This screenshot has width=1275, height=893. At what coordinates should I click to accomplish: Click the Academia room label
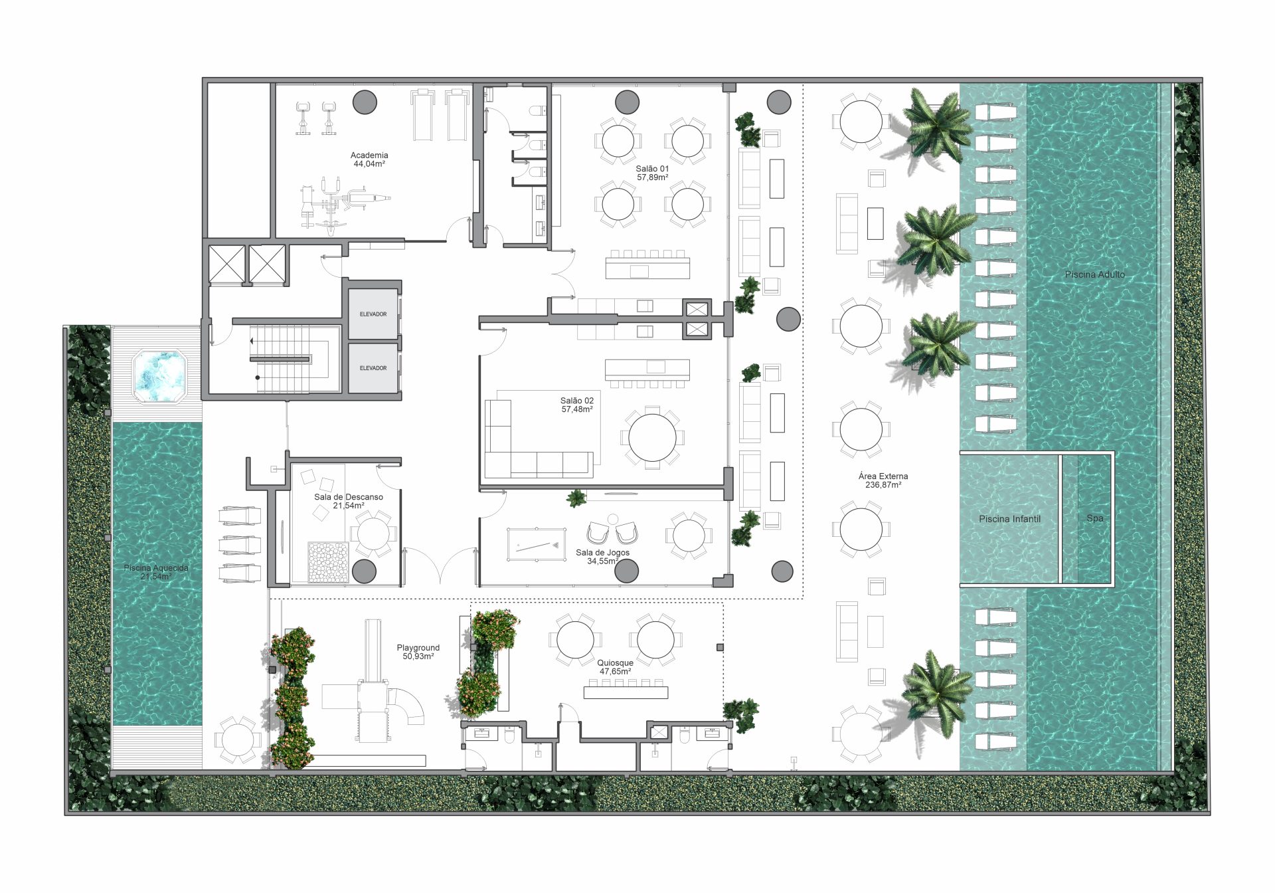369,159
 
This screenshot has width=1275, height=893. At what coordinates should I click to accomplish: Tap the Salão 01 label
652,173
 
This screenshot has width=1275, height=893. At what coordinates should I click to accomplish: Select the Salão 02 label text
577,405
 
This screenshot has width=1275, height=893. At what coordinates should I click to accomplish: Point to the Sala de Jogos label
602,557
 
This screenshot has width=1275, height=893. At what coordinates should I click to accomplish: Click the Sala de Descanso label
349,501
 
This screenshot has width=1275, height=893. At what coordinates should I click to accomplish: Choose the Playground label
418,652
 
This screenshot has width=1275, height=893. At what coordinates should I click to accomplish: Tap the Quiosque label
615,667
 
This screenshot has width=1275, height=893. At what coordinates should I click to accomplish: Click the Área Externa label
883,480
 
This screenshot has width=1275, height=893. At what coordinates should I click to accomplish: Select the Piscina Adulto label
1095,274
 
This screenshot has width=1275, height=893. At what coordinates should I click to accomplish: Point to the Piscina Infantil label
1009,519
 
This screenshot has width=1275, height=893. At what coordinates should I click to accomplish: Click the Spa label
1095,518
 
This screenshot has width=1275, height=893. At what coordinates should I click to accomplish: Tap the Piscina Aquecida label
156,572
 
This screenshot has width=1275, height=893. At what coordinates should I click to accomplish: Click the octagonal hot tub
159,376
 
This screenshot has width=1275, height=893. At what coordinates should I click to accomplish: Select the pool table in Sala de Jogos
537,545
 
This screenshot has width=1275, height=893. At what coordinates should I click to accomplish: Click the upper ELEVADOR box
373,314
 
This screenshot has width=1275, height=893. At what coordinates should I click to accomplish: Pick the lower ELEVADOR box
373,367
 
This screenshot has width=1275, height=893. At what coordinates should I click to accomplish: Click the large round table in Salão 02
652,438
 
